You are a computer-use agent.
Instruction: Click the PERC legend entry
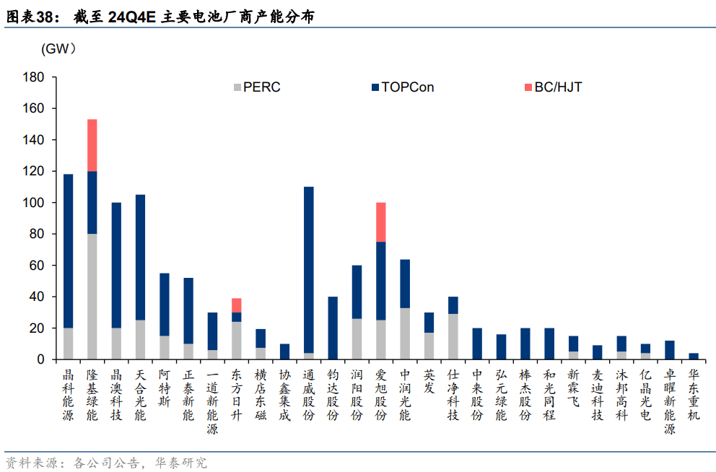(256, 88)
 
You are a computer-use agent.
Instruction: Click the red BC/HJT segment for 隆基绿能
(92, 145)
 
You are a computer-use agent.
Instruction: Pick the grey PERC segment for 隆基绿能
(92, 296)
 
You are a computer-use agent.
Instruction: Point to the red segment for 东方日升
(237, 305)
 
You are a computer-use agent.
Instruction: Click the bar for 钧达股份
(333, 328)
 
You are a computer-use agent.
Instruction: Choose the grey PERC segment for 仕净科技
(453, 336)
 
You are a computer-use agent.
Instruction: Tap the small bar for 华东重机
(693, 356)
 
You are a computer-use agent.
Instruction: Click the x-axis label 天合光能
(141, 395)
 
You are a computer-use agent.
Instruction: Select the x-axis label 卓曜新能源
(669, 403)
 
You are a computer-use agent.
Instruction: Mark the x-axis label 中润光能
(405, 395)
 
